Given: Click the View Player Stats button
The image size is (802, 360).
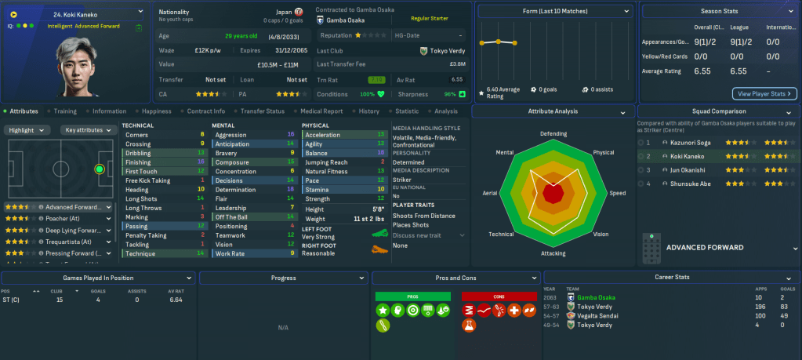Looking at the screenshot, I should point(764,93).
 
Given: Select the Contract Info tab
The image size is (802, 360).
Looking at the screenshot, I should point(205,111).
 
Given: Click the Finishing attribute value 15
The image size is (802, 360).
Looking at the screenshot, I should point(201,162).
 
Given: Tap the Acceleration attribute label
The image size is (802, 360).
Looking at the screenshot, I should point(323,135).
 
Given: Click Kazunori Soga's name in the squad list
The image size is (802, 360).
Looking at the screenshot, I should point(691,143).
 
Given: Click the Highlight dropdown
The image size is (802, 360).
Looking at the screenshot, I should point(30,129).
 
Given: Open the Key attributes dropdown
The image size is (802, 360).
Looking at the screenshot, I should point(89,129).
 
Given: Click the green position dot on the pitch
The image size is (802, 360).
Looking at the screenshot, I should point(100,169).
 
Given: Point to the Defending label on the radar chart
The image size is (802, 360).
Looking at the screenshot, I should point(553,133).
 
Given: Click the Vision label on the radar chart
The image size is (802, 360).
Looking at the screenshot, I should point(601,234).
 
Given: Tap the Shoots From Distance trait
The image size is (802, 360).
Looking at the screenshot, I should point(423,214).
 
